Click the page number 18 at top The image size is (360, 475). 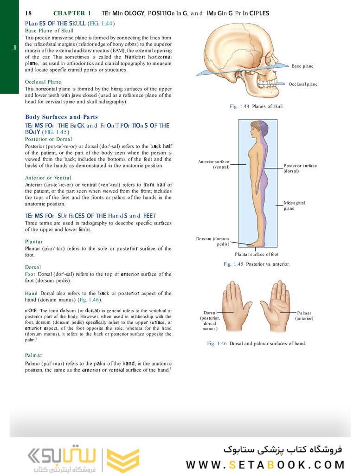tap(29, 13)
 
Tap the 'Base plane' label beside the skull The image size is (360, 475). tap(302, 66)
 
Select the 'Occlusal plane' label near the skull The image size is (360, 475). tap(302, 84)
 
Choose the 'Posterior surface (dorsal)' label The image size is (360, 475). tap(300, 168)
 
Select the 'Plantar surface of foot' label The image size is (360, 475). tap(256, 254)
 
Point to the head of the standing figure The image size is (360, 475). tap(258, 129)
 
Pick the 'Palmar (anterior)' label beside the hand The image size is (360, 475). tap(304, 316)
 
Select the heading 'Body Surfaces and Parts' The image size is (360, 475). tap(61, 117)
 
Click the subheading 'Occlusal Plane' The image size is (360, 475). tap(43, 82)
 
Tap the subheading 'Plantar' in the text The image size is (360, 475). tap(33, 242)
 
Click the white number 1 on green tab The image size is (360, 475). tap(15, 47)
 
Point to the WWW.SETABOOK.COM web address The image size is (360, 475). tap(265, 464)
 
